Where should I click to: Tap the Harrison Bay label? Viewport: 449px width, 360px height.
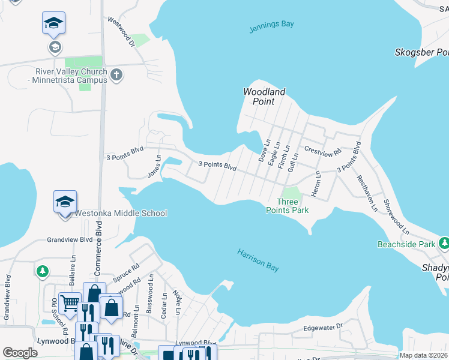tap(258, 261)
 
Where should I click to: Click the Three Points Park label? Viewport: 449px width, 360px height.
tap(288, 206)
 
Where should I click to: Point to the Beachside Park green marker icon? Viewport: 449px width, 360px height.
tap(444, 243)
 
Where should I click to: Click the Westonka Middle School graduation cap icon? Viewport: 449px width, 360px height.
tap(65, 202)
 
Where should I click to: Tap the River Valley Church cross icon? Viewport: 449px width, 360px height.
tap(116, 76)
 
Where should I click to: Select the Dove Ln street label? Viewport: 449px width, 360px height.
tap(262, 151)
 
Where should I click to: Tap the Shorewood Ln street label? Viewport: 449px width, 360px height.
tap(396, 217)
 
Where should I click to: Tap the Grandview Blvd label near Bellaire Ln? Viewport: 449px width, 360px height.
tap(70, 239)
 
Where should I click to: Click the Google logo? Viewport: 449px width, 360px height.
tap(20, 353)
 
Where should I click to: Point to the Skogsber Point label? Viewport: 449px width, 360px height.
tap(421, 53)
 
